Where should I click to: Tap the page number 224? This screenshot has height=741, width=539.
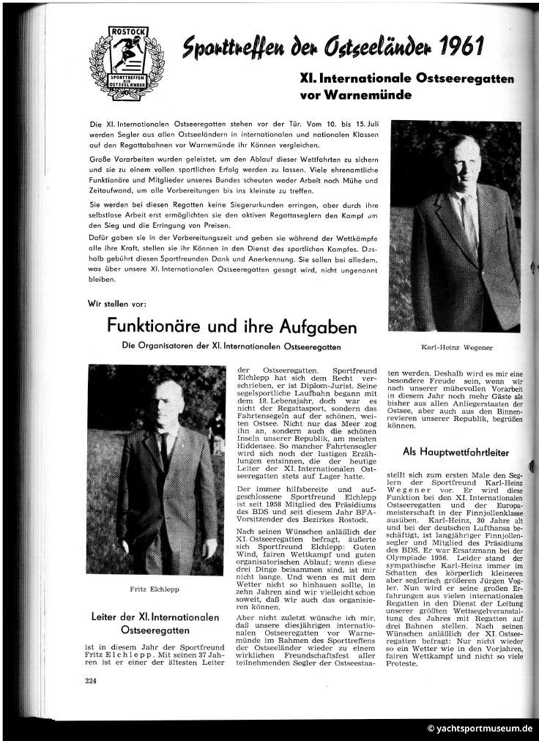(90, 680)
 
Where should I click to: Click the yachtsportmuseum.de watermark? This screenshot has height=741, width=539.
(480, 728)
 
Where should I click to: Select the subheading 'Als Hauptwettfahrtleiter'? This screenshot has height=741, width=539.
(456, 453)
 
